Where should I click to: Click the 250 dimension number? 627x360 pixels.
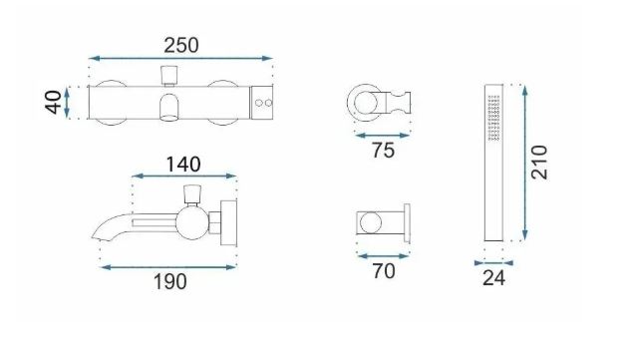181,45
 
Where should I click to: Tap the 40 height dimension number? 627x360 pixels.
54,103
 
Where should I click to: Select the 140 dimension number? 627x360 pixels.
183,165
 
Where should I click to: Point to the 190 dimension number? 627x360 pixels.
170,281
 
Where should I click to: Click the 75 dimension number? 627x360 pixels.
384,151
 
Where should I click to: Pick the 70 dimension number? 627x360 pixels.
384,271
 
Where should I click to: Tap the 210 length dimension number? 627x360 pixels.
539,163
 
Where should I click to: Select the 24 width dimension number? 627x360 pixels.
493,278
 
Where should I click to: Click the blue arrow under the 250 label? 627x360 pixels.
180,59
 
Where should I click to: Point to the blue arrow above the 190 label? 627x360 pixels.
168,267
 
